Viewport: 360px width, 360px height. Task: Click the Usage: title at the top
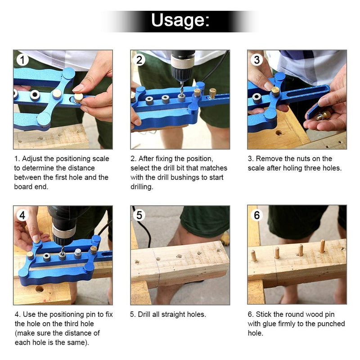point(180,20)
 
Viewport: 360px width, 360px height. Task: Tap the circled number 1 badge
point(22,60)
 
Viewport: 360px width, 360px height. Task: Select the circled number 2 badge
point(140,60)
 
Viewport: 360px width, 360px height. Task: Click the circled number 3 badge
point(257,60)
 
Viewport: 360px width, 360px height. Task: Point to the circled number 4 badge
point(22,216)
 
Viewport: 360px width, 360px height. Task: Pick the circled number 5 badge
point(140,216)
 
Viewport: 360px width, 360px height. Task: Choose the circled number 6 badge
point(257,216)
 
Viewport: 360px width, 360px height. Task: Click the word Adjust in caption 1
point(32,159)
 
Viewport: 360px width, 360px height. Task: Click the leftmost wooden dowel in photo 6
point(254,256)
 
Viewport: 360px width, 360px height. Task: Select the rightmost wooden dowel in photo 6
point(322,246)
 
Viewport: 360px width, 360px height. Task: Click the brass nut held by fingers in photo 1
point(78,97)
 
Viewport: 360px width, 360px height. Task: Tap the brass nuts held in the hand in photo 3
point(323,116)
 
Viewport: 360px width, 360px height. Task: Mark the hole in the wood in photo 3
point(279,133)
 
